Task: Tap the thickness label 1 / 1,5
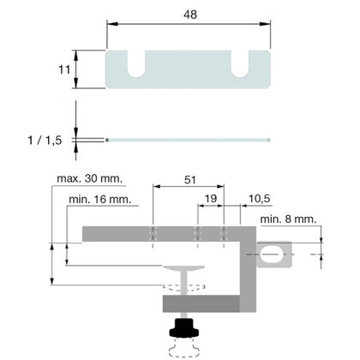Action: click(x=43, y=138)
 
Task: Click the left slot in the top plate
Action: click(x=137, y=63)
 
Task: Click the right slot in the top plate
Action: click(x=243, y=63)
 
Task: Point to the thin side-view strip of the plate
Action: click(x=188, y=139)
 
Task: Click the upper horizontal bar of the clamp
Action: click(x=163, y=234)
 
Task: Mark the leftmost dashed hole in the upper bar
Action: click(x=152, y=234)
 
